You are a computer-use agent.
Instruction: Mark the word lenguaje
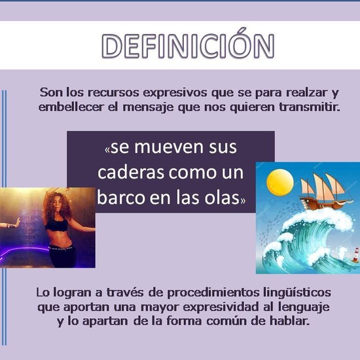click(306, 307)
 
